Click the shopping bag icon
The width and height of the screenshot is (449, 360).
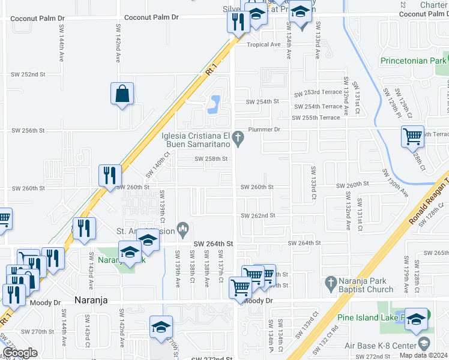point(122,94)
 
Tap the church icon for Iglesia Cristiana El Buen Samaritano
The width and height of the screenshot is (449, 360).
point(238,139)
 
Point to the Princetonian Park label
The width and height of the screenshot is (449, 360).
point(414,61)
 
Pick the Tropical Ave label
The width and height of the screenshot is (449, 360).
point(264,45)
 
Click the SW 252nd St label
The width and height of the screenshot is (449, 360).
point(28,74)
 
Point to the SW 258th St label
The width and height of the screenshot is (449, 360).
point(211,159)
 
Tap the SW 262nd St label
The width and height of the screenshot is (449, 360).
point(258,215)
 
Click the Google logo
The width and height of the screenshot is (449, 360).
point(20,352)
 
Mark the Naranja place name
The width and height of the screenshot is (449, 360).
point(90,300)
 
